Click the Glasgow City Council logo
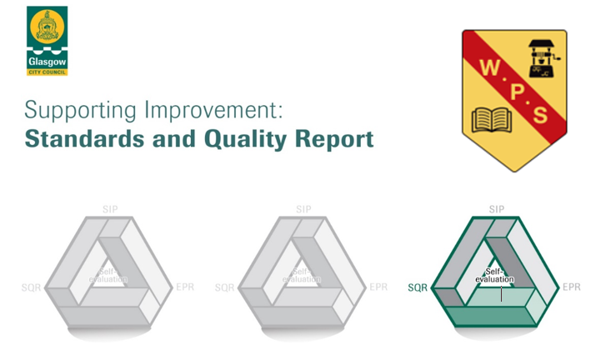click(47, 40)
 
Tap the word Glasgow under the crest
click(47, 62)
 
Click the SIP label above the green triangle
click(497, 209)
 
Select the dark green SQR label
click(418, 288)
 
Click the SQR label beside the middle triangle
click(224, 288)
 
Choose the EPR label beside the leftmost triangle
click(186, 287)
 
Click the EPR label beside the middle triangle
click(378, 287)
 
